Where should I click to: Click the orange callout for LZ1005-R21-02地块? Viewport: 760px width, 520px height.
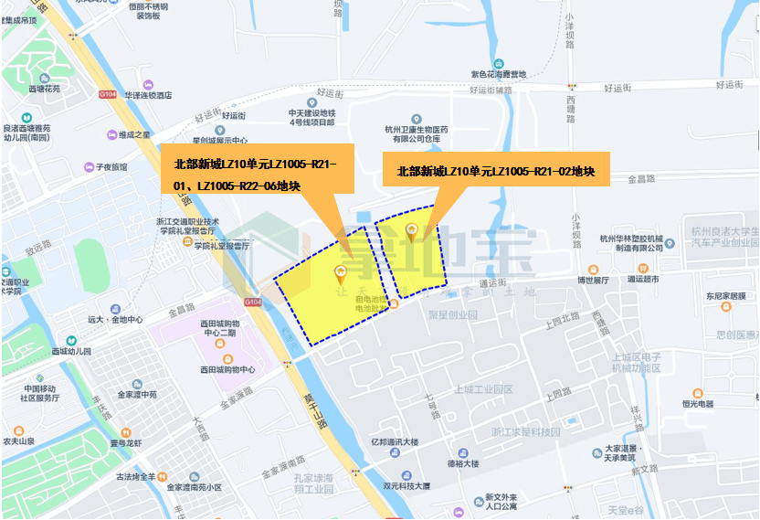[x=496, y=170]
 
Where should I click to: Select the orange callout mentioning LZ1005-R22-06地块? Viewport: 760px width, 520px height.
[x=255, y=175]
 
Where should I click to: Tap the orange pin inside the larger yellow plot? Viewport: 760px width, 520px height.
[x=343, y=272]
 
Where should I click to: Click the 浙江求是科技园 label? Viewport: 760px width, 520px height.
[x=525, y=431]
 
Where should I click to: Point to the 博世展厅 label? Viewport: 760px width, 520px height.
[x=593, y=281]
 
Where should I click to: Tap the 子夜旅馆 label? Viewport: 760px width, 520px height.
[x=111, y=167]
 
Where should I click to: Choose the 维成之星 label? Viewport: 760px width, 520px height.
[x=133, y=134]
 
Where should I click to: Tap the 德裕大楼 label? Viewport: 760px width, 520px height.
[x=462, y=463]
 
